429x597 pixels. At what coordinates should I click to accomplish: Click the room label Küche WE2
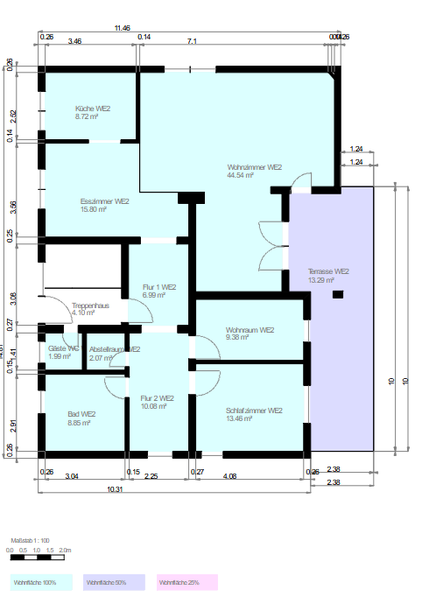click(x=92, y=109)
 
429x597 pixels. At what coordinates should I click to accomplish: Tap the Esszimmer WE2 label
click(x=99, y=201)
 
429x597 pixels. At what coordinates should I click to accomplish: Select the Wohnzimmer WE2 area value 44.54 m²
click(x=240, y=175)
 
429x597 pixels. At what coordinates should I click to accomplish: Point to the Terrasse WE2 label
click(x=328, y=271)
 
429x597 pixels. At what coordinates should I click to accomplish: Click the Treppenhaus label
click(x=89, y=305)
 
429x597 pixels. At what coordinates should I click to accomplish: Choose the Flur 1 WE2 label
click(x=159, y=287)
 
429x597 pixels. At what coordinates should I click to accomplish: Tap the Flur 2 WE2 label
click(x=158, y=398)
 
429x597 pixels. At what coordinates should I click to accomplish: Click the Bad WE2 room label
click(x=81, y=414)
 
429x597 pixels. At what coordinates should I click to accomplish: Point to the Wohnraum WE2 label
click(x=250, y=330)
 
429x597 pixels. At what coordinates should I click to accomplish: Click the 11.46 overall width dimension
click(x=122, y=28)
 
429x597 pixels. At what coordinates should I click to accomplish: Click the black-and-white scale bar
click(x=40, y=557)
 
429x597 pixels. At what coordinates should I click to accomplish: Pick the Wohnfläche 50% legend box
click(x=113, y=582)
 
